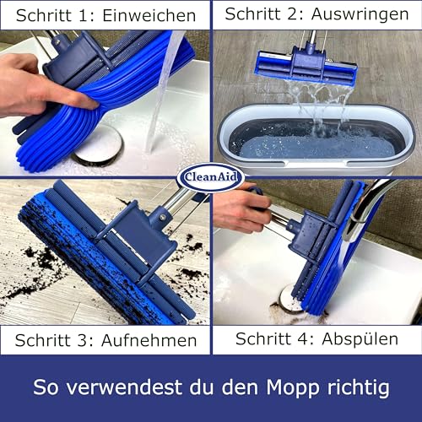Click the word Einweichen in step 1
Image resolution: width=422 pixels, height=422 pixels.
tap(149, 15)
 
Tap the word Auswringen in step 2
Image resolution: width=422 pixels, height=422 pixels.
tap(360, 14)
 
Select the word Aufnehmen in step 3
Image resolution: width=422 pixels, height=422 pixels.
tap(149, 340)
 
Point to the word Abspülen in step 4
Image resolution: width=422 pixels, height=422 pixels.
tap(360, 339)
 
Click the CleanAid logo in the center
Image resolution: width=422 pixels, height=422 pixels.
tap(210, 177)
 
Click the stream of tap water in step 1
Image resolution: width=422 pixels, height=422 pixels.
tap(165, 90)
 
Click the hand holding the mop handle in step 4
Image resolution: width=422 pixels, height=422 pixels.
tap(242, 204)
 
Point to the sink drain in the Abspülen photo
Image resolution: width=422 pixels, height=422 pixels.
tap(289, 298)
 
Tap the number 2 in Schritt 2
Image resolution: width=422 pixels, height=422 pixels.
tap(294, 14)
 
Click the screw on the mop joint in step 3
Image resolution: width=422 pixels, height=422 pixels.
tap(162, 216)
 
